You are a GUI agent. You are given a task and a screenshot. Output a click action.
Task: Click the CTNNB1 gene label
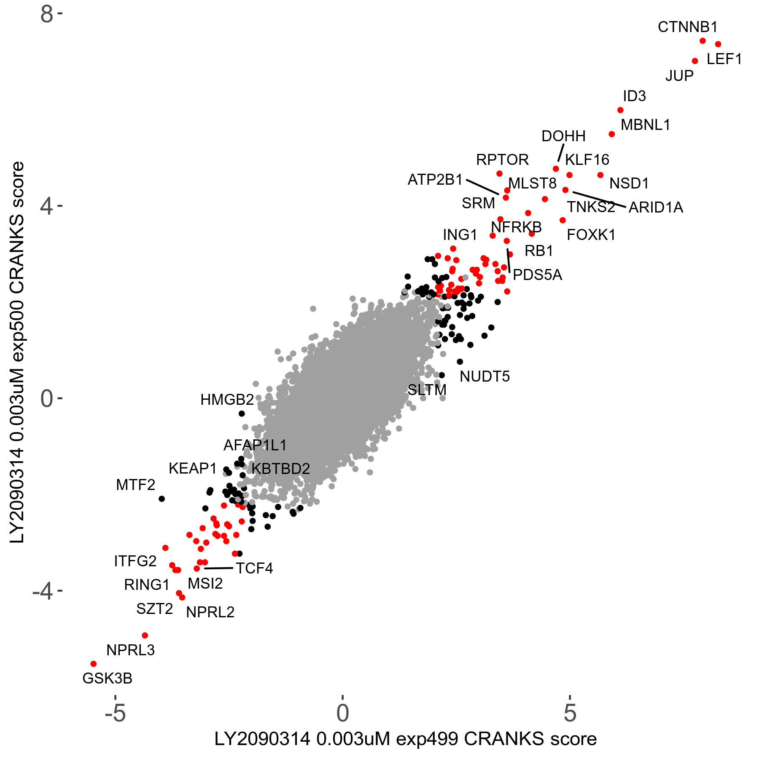[687, 27]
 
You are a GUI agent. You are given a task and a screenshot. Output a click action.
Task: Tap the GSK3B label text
[107, 678]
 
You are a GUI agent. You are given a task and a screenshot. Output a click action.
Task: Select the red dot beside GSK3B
[94, 664]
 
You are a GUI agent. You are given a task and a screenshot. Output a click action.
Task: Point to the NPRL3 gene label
[130, 650]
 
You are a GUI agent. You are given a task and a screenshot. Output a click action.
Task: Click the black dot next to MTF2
[161, 499]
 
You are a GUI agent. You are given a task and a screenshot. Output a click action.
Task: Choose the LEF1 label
[724, 59]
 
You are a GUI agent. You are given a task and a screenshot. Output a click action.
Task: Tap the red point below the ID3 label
[620, 110]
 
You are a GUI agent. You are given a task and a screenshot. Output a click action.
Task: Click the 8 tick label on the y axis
[47, 15]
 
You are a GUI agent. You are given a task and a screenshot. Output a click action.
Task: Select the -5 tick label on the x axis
[115, 713]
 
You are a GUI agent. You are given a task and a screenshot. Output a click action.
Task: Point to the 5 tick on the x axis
[570, 713]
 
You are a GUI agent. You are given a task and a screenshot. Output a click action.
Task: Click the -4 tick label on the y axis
[43, 591]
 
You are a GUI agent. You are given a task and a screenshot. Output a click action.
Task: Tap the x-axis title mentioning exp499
[405, 739]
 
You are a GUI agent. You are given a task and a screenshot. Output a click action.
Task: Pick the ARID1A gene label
[656, 207]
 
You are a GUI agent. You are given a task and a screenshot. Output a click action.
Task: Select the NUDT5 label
[484, 377]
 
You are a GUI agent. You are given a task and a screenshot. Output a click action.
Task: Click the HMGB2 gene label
[227, 400]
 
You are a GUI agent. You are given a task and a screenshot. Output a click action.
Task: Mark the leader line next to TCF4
[218, 568]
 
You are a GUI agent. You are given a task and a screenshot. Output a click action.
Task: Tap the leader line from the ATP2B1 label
[482, 187]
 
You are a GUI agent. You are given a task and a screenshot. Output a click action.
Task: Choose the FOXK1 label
[591, 235]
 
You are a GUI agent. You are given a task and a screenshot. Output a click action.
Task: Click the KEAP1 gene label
[192, 468]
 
